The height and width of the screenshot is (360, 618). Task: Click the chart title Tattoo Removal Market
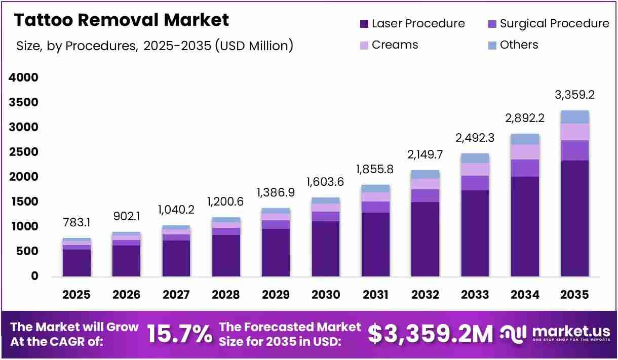(122, 20)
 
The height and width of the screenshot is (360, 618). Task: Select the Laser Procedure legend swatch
(364, 24)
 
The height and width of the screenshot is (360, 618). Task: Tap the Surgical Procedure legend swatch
(492, 24)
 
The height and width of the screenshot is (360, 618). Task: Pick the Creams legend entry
(389, 45)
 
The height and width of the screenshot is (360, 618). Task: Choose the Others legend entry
(513, 45)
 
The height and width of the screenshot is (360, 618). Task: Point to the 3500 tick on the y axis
(23, 102)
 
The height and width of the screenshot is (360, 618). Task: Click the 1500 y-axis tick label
(25, 202)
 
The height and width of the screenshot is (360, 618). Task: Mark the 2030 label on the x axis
(326, 295)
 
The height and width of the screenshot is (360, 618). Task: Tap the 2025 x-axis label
(76, 295)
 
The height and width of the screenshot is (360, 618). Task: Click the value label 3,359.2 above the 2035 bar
(574, 95)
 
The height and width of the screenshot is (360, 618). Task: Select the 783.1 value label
(76, 222)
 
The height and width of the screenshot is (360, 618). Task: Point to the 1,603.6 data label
(325, 182)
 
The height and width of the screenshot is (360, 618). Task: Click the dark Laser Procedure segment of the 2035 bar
(575, 218)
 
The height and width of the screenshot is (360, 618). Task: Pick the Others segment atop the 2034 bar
(525, 139)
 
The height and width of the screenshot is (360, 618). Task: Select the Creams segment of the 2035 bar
(575, 132)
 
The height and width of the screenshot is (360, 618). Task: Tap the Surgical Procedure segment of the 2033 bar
(475, 183)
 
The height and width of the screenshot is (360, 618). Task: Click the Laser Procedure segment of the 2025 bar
(76, 263)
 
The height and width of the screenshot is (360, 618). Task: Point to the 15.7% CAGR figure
(180, 334)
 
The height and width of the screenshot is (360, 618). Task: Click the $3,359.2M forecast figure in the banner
(431, 334)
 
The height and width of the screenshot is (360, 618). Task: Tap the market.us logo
(555, 334)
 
